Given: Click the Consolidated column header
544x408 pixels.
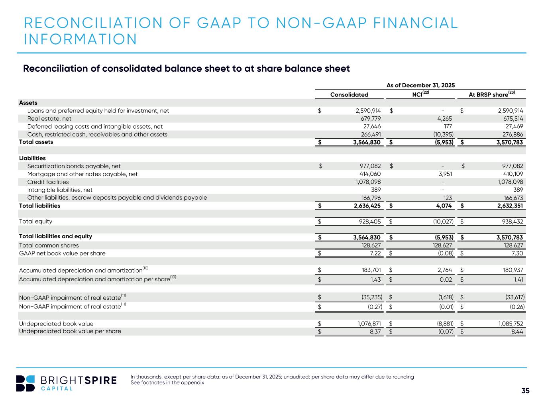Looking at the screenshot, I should tap(349, 94).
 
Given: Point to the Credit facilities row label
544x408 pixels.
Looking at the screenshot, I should tap(48, 182).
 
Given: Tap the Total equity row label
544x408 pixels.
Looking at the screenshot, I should tap(35, 221).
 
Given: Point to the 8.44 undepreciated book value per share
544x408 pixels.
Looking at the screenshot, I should tap(517, 331).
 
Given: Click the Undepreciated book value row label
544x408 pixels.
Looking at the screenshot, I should tap(56, 324).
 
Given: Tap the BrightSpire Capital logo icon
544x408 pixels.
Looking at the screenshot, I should tap(25, 383).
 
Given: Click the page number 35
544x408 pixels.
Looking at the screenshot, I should tap(525, 390).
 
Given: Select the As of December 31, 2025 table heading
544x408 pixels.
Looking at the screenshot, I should tap(420, 85).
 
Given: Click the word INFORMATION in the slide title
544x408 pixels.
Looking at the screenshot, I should tap(81, 39).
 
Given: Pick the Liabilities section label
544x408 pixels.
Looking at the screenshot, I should tap(32, 158).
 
